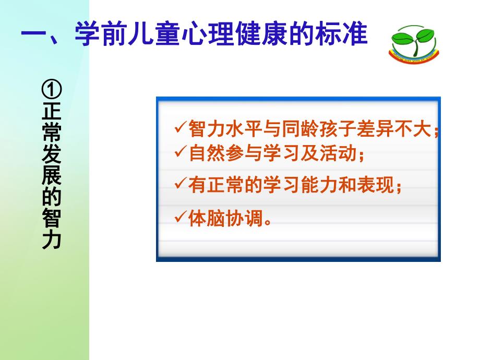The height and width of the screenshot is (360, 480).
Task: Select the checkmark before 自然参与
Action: coord(181,152)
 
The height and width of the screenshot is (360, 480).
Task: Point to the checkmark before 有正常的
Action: coord(181,185)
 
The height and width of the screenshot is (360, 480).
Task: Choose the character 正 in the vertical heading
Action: coord(52,113)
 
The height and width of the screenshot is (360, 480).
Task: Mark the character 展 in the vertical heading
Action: coord(52,176)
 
